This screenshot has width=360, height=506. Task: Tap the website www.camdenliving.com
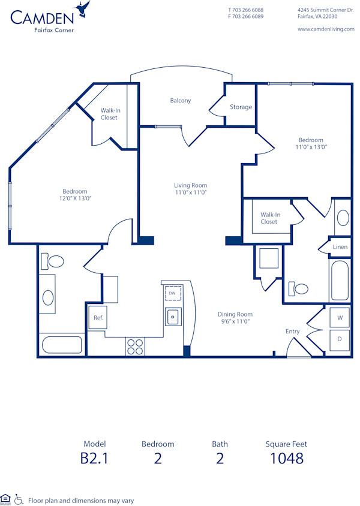coord(326,29)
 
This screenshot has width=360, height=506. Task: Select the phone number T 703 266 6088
coord(245,10)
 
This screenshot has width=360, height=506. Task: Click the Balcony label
coord(180,101)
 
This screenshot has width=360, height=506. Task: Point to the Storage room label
coord(241,107)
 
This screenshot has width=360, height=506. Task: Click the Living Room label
coord(190,185)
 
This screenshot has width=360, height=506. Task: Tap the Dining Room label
coord(235,314)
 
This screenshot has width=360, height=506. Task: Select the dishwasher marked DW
coord(173,293)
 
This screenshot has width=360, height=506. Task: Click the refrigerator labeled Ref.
coord(98,318)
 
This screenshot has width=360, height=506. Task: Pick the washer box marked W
coord(340,317)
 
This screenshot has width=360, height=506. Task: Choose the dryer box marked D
coord(340,339)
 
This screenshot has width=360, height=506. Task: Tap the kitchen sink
coord(173,316)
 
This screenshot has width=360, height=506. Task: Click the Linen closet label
coord(340,246)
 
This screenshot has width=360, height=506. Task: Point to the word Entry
coord(292,332)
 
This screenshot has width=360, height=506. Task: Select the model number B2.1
coord(95,459)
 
